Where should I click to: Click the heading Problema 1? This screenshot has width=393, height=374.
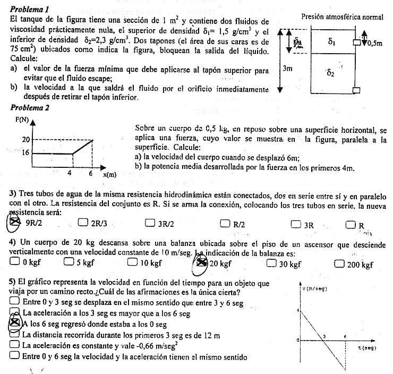[x=30, y=10]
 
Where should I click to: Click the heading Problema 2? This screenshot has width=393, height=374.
[x=30, y=107]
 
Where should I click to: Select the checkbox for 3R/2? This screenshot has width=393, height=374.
[x=150, y=223]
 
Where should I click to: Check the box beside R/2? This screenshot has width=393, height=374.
[x=225, y=223]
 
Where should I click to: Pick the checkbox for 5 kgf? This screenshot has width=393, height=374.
[x=69, y=262]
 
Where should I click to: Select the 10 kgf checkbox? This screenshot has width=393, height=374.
[x=133, y=262]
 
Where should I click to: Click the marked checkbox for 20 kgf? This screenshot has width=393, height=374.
[x=202, y=262]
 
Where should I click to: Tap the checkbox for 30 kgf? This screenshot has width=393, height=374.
[x=272, y=262]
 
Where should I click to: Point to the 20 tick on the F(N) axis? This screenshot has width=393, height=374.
[x=24, y=140]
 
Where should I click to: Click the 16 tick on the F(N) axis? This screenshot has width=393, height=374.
[x=24, y=153]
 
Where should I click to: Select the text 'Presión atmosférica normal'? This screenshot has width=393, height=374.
[x=342, y=17]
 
